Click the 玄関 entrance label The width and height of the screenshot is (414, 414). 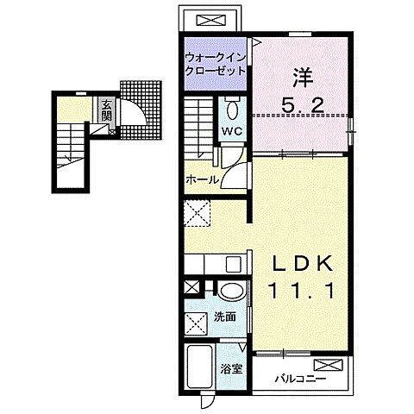pyautogui.click(x=106, y=110)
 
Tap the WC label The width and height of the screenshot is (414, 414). pyautogui.click(x=232, y=131)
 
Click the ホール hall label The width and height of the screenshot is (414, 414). pyautogui.click(x=203, y=180)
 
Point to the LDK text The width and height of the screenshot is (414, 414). pyautogui.click(x=302, y=264)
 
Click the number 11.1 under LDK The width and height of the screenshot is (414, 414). pyautogui.click(x=302, y=291)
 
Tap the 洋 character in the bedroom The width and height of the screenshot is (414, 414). pyautogui.click(x=303, y=78)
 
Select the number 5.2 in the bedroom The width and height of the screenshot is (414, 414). pyautogui.click(x=303, y=105)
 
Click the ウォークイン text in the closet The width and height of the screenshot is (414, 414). pyautogui.click(x=216, y=58)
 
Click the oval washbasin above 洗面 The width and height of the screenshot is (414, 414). pyautogui.click(x=232, y=291)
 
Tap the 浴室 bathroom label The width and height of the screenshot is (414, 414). pyautogui.click(x=231, y=369)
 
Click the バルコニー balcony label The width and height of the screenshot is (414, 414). pyautogui.click(x=300, y=379)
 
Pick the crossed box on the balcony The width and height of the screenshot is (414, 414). pyautogui.click(x=329, y=365)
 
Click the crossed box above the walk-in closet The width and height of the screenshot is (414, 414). pyautogui.click(x=210, y=21)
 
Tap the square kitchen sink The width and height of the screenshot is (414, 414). pyautogui.click(x=233, y=264)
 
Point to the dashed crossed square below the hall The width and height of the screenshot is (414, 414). pyautogui.click(x=198, y=214)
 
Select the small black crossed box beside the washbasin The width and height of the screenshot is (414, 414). pyautogui.click(x=191, y=287)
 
